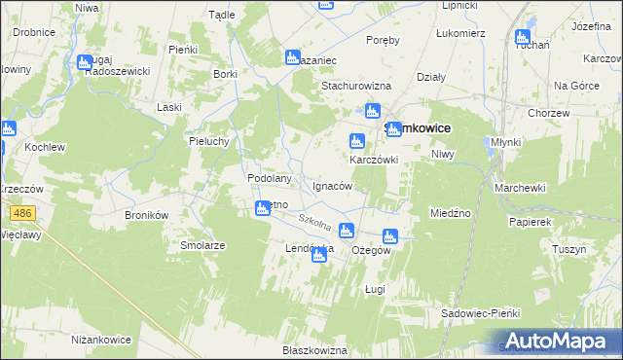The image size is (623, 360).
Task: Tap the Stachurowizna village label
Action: coord(362,85)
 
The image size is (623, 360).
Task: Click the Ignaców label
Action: coord(333,186)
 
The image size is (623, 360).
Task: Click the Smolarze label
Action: coord(202,246)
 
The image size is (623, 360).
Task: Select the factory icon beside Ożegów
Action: coord(390,235)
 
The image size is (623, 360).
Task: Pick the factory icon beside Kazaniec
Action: coord(291,57)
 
